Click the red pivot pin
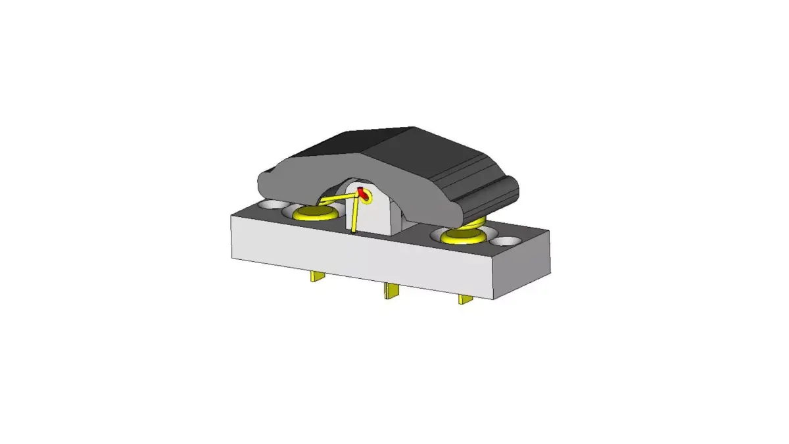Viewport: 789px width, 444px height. point(361,193)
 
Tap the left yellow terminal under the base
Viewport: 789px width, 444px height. point(318,277)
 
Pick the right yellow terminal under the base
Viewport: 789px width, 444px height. point(466,299)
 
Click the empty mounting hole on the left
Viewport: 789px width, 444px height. point(270,205)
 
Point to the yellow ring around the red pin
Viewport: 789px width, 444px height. point(367,196)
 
